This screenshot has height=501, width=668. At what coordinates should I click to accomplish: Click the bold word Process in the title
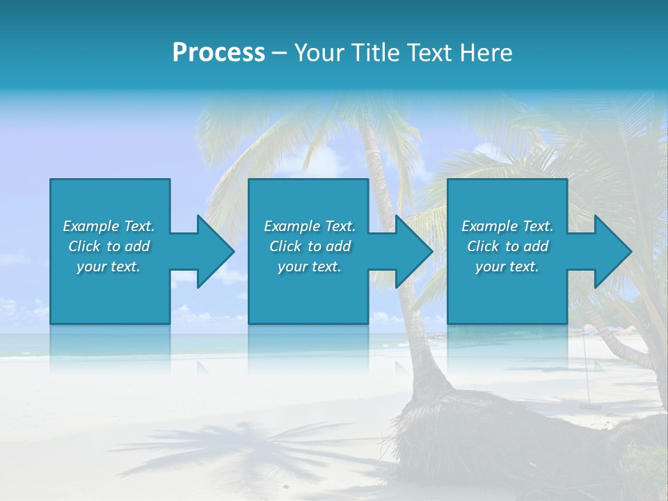[218, 53]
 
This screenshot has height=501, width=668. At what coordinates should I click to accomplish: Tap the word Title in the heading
[372, 53]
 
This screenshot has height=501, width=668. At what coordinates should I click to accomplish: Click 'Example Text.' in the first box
[109, 226]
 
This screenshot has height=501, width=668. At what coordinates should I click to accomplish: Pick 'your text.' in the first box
[109, 267]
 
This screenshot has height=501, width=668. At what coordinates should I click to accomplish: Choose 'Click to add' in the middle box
[310, 246]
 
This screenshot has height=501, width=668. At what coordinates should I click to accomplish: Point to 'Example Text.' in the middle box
[310, 226]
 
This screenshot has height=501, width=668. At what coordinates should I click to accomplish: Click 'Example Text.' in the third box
[507, 226]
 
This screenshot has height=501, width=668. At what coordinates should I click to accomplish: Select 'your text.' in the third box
[507, 267]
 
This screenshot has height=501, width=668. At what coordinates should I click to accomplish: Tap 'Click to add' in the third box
[507, 246]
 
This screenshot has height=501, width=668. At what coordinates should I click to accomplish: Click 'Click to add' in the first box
[109, 246]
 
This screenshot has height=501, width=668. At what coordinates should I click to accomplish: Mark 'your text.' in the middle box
[310, 267]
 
